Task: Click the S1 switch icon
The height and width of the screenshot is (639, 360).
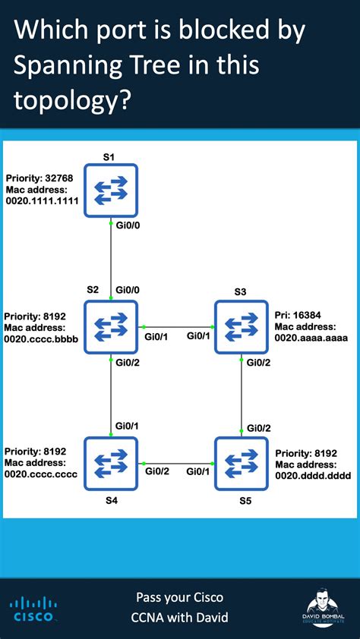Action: (111, 190)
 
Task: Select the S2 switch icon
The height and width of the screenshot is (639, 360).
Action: (111, 327)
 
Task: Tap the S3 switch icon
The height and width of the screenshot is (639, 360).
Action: (241, 327)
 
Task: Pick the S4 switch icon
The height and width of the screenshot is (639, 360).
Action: (111, 463)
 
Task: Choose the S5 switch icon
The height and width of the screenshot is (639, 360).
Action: (241, 463)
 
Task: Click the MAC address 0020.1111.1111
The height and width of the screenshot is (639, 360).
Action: (42, 203)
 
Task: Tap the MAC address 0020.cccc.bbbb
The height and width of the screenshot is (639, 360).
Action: (41, 338)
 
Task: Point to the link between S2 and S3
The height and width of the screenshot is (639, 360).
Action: (176, 327)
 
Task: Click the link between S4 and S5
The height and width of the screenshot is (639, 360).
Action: (176, 463)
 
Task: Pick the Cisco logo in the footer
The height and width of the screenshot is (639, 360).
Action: (32, 609)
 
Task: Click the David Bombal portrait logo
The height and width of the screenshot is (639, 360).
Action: (325, 609)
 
